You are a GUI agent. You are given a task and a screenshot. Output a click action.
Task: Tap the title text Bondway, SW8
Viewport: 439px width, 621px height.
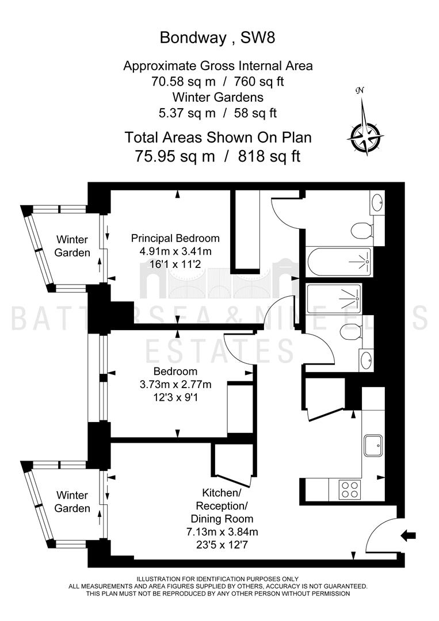click(x=217, y=37)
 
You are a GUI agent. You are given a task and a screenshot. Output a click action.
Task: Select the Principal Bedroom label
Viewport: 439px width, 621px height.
click(x=175, y=239)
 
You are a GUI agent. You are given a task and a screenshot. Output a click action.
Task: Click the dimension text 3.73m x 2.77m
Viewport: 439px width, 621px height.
click(x=175, y=384)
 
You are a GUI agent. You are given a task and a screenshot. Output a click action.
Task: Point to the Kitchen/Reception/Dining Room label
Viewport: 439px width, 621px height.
click(x=222, y=506)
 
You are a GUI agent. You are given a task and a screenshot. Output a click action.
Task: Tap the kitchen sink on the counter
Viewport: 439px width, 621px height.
click(x=373, y=446)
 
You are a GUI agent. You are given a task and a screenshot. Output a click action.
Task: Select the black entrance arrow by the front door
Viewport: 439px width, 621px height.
click(x=408, y=536)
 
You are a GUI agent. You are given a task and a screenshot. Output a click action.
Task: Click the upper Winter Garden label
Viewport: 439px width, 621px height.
click(x=72, y=246)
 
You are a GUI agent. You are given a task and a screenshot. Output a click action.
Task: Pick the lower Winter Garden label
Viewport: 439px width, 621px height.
click(x=72, y=502)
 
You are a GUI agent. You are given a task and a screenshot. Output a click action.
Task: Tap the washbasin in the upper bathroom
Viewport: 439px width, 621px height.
click(x=377, y=202)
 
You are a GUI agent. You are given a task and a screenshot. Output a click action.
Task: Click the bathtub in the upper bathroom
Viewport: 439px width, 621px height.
click(x=339, y=262)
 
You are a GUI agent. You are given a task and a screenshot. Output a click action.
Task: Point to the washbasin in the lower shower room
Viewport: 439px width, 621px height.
click(x=366, y=360)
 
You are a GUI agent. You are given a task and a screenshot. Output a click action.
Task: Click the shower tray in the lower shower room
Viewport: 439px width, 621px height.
click(x=334, y=300)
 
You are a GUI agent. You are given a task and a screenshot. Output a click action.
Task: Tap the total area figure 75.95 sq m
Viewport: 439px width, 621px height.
click(x=175, y=156)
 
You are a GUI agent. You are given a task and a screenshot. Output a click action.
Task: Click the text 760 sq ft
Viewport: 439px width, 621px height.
click(x=259, y=81)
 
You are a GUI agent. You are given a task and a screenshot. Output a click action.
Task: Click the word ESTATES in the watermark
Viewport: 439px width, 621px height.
click(x=219, y=351)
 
